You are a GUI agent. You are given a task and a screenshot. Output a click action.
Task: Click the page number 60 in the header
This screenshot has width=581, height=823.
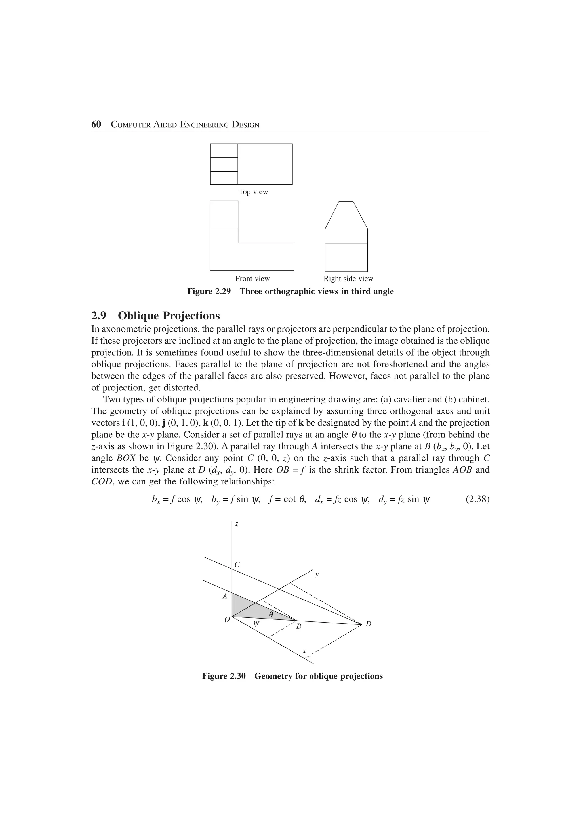click(x=96, y=124)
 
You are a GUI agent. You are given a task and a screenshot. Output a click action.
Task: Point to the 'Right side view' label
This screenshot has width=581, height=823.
click(x=348, y=279)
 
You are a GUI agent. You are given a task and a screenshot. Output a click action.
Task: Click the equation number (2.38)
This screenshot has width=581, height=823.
click(x=477, y=499)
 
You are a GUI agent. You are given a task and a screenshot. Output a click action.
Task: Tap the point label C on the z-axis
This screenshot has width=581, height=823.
click(x=237, y=565)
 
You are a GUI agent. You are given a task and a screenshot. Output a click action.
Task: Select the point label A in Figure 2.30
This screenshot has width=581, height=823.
click(x=225, y=596)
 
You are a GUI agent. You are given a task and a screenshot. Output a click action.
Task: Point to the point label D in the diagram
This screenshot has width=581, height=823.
click(x=368, y=624)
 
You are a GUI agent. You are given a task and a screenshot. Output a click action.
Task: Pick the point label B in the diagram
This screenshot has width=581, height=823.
click(x=298, y=626)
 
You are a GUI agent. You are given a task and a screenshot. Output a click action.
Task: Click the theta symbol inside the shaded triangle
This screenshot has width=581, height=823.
click(x=271, y=614)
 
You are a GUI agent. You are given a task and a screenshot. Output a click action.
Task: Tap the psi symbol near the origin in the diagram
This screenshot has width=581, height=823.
click(x=256, y=624)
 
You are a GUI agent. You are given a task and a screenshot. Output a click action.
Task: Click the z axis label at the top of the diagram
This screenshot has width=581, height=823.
click(x=237, y=524)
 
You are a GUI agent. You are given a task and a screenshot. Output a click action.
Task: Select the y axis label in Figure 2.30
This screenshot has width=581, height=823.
click(x=316, y=575)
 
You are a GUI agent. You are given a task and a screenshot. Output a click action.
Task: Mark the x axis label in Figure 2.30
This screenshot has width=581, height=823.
click(x=304, y=651)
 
